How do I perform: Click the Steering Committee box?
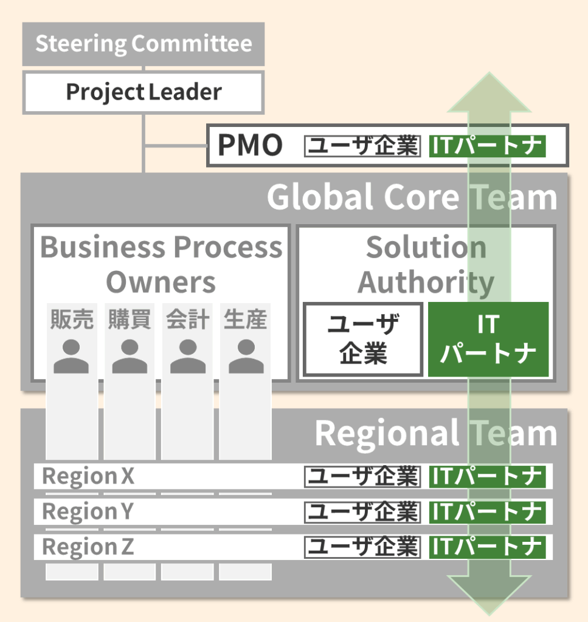[x=144, y=44]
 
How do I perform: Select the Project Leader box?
[x=144, y=92]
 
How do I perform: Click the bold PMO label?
[x=250, y=146]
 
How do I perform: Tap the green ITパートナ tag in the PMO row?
[x=487, y=146]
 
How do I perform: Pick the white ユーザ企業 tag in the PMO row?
[x=362, y=146]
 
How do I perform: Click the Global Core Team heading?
[x=412, y=197]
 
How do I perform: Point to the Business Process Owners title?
[x=161, y=264]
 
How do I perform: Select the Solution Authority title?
[x=426, y=264]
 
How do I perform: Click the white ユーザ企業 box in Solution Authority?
[x=363, y=339]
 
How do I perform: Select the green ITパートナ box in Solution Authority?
[x=488, y=339]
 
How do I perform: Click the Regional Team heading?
[x=435, y=434]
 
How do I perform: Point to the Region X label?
[x=88, y=477]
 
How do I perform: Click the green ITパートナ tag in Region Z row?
[x=487, y=547]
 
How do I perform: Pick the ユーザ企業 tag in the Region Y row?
[x=362, y=512]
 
